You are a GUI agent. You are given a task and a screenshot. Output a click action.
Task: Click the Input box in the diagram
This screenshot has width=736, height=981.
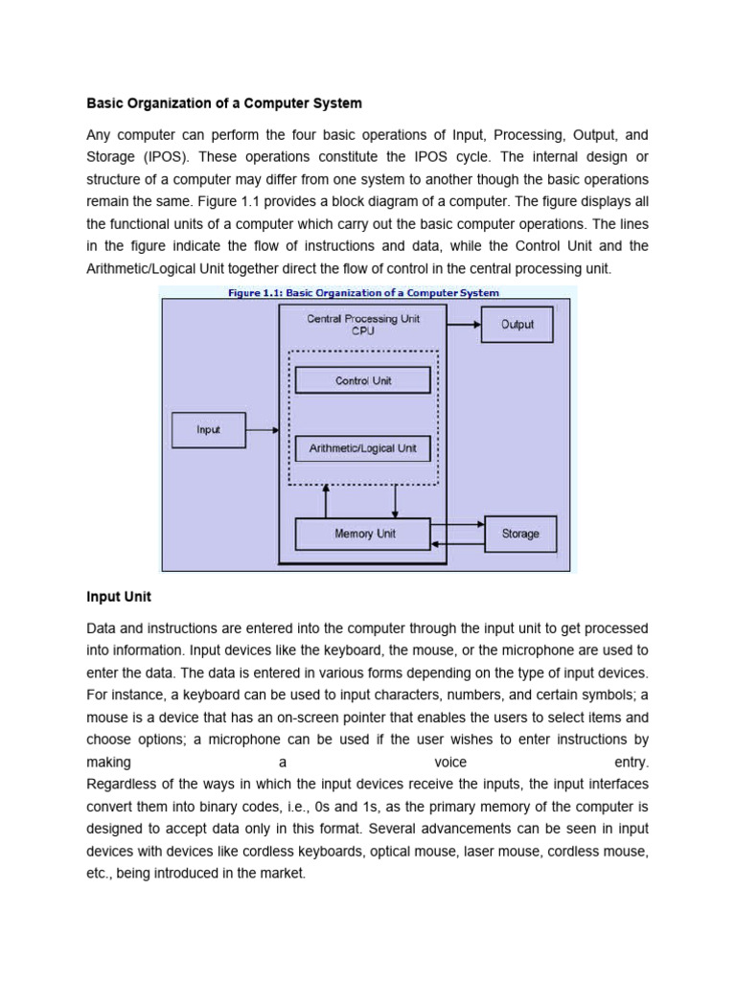[x=208, y=430]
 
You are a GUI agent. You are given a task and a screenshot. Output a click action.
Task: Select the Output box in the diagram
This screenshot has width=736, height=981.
[x=517, y=325]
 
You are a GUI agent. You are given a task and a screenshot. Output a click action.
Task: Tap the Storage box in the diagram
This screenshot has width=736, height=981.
[x=520, y=534]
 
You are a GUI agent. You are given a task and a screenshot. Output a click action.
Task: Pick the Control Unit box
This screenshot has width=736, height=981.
[x=363, y=380]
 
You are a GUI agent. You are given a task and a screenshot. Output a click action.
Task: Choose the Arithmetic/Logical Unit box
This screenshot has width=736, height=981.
[x=363, y=447]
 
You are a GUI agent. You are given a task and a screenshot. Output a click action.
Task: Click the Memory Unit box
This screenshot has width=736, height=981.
[x=363, y=534]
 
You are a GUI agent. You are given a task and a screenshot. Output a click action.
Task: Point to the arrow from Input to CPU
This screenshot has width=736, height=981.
[x=262, y=430]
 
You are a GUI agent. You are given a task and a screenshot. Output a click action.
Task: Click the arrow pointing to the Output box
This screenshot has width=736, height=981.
[x=462, y=324]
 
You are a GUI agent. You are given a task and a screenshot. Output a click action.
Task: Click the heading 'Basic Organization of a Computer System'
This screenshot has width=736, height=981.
[x=224, y=103]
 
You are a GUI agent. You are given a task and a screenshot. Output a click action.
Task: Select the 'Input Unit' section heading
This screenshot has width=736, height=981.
[x=119, y=597]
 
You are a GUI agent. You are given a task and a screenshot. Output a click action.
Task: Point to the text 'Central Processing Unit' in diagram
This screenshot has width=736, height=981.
[x=362, y=318]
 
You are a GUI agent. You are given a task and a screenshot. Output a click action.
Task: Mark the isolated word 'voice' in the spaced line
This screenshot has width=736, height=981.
[x=450, y=763]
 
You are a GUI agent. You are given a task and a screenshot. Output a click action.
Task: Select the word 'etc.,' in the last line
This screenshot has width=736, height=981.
[x=100, y=874]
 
